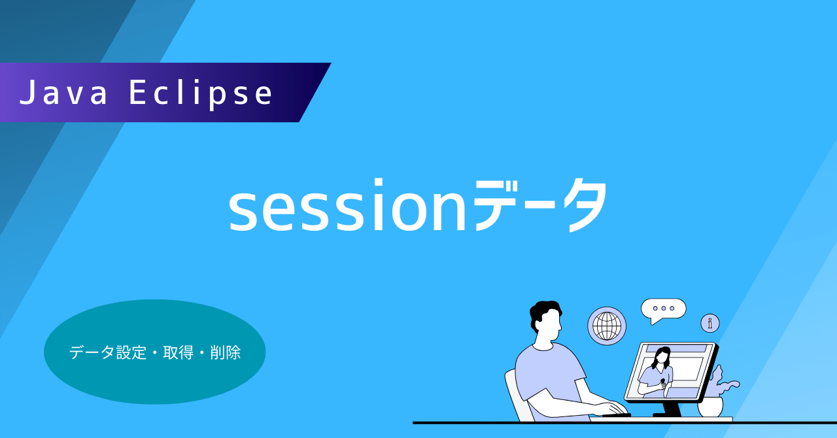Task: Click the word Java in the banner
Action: [64, 93]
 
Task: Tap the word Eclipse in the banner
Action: [201, 93]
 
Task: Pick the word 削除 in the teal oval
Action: [226, 353]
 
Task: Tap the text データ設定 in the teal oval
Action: [108, 353]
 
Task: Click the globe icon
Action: [606, 326]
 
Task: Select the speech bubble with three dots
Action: [663, 309]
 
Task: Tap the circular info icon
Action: [709, 323]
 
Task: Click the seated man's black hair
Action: [544, 312]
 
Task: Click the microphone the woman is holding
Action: [662, 382]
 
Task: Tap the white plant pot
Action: [710, 407]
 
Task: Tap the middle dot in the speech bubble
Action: [663, 308]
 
